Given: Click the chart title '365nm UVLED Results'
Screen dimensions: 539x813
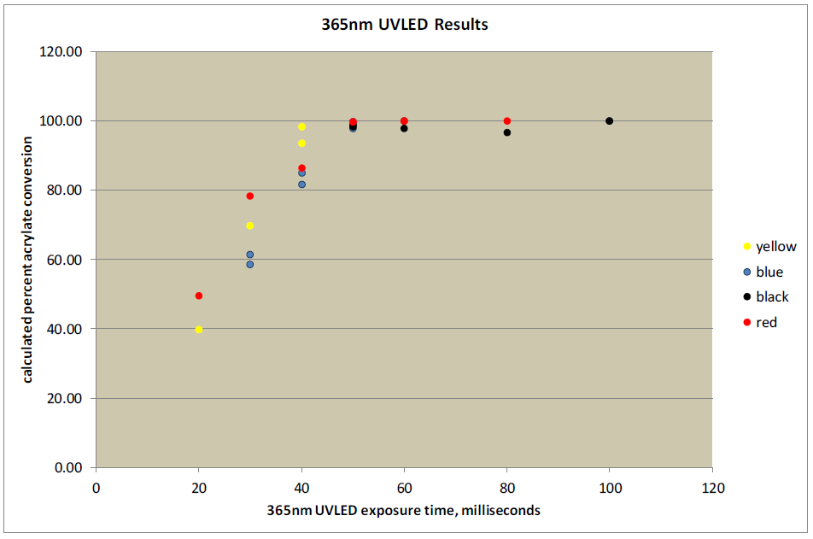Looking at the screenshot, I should tap(400, 25).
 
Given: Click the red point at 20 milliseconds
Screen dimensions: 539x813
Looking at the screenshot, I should tap(199, 296).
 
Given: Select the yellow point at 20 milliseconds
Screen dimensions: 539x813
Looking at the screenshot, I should tap(199, 330).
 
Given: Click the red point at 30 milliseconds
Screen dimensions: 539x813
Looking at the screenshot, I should tap(250, 196).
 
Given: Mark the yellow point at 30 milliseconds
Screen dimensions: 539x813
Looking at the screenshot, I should tap(250, 226).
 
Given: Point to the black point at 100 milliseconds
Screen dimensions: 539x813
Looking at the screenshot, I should tap(610, 121).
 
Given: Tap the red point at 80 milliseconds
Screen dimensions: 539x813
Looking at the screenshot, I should tap(507, 121).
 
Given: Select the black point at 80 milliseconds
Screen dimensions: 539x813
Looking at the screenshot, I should tap(507, 132).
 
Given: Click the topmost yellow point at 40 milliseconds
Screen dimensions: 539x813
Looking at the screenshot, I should tap(301, 127).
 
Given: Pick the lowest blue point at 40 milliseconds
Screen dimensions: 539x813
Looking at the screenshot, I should tap(301, 185).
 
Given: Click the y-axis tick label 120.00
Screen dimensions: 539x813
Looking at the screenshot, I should tap(63, 52).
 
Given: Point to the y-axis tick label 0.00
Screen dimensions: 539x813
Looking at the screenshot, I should tap(67, 468).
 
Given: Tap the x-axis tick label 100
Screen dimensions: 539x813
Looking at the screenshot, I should tap(610, 488).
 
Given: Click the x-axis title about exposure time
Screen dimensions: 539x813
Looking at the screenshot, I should tap(404, 510).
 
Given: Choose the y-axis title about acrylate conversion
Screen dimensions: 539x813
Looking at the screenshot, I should tap(28, 260).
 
